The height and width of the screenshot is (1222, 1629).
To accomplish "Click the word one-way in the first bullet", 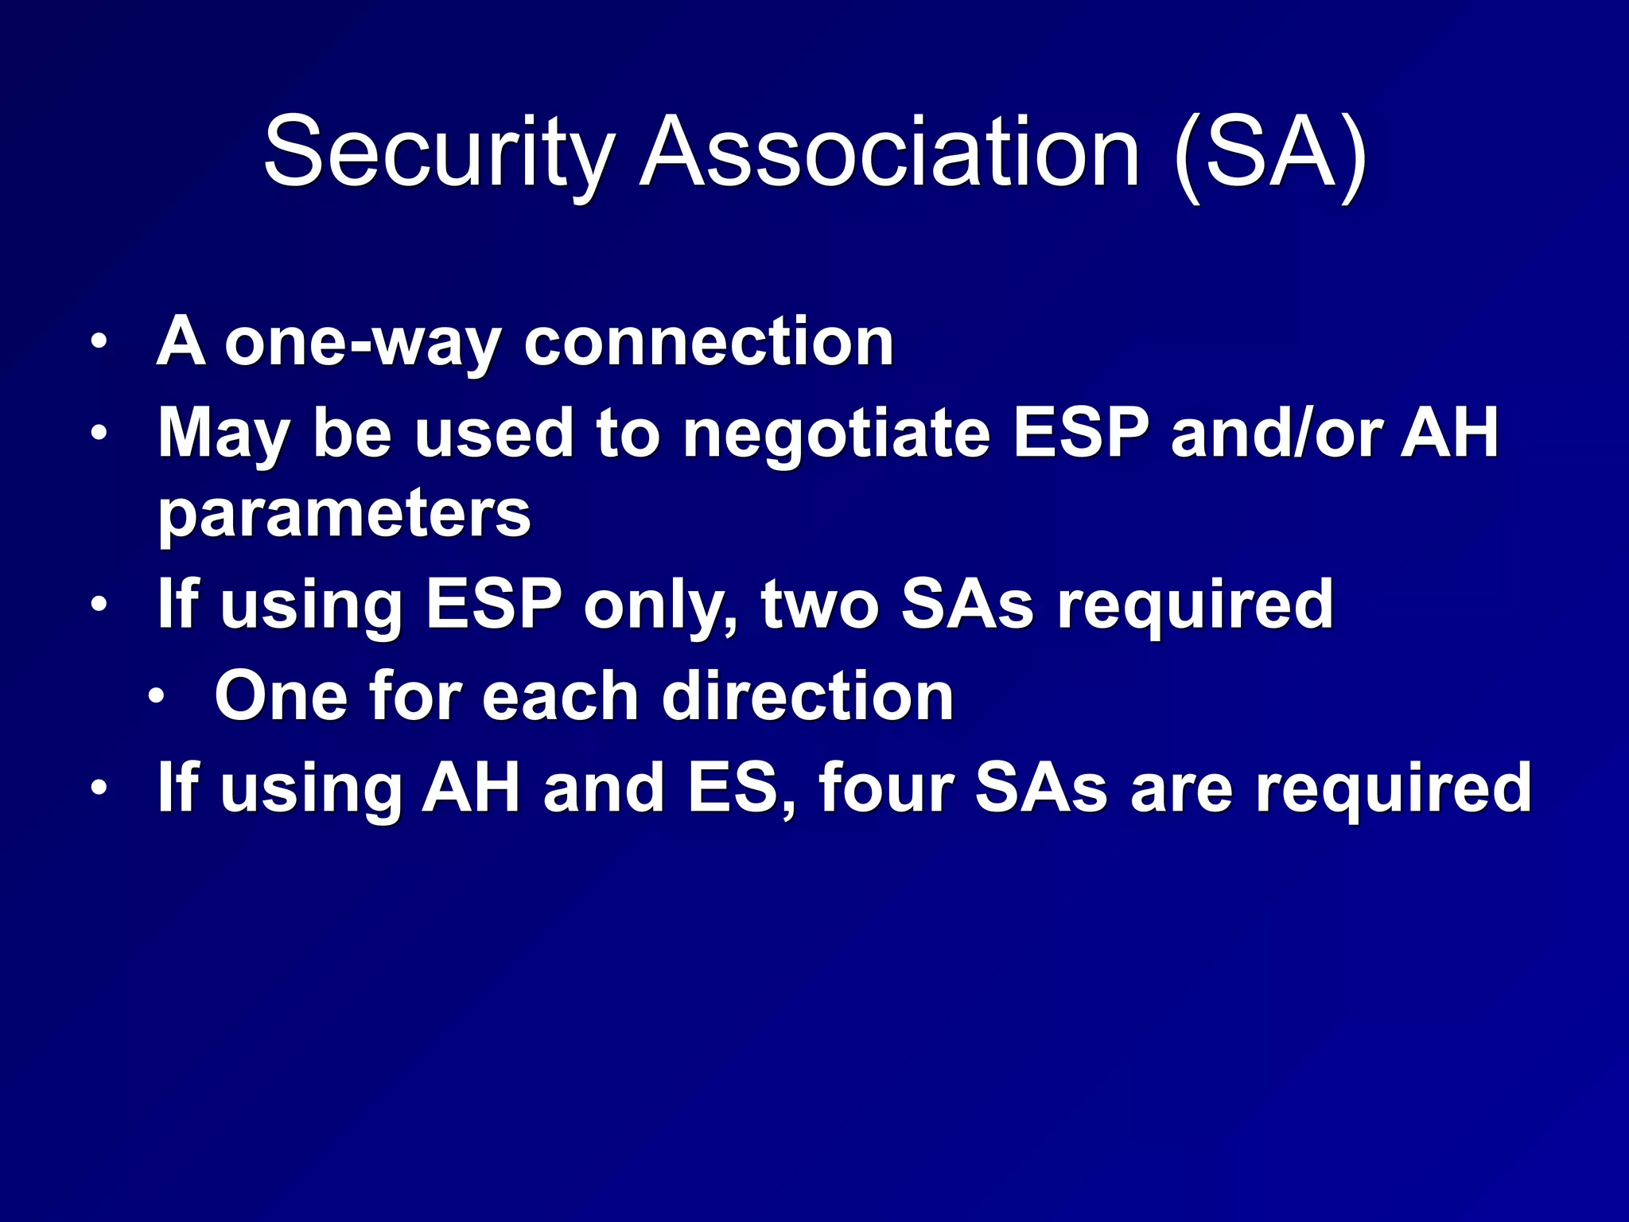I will click(363, 342).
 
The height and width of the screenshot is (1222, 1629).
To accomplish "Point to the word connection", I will click(709, 342).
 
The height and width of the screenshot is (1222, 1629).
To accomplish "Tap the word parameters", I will click(344, 515).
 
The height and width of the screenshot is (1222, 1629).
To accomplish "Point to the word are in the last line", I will click(1181, 788).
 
